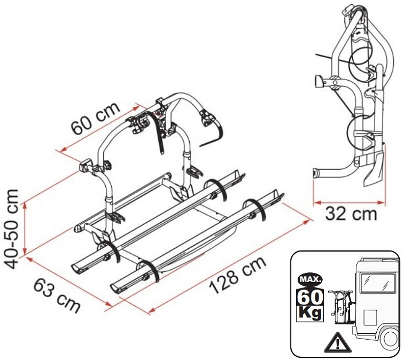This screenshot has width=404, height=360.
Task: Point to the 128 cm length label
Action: [x=237, y=276]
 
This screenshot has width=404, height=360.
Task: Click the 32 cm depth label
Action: [x=349, y=214]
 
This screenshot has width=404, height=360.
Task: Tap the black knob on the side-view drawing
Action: [x=317, y=81]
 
